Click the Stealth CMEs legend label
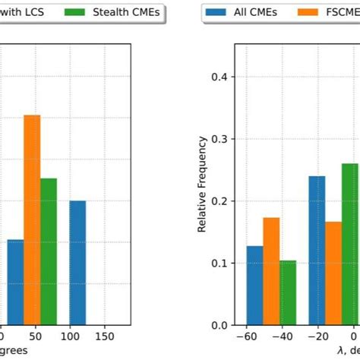tap(128, 13)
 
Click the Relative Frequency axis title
tap(203, 185)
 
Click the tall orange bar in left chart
tap(32, 220)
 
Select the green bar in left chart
tap(49, 251)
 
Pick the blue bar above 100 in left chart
tap(77, 263)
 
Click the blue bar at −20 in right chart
tap(317, 251)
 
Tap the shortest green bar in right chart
tap(288, 292)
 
